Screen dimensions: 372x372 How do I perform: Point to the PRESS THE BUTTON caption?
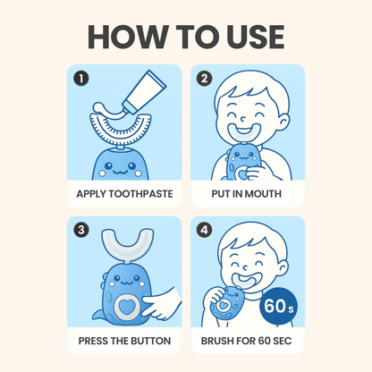[x=123, y=343]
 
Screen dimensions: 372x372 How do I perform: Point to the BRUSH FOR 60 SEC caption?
[x=247, y=343]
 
